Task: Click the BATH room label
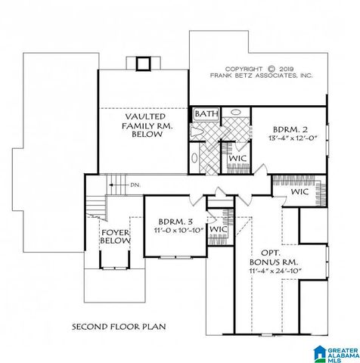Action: tap(206, 114)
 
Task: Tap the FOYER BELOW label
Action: tap(115, 237)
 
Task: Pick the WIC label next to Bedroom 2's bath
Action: tap(239, 158)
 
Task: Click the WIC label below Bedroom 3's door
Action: tap(219, 228)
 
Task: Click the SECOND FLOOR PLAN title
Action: tap(119, 327)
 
